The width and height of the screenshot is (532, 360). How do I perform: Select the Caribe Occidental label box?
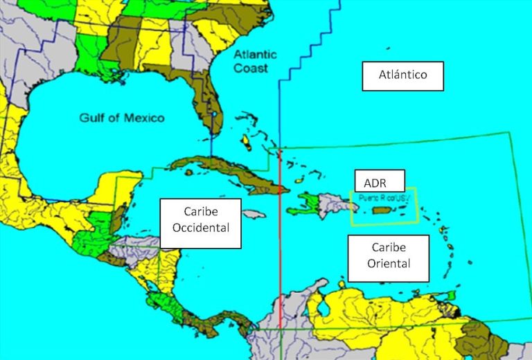click(x=201, y=223)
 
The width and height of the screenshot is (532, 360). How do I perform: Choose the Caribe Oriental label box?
click(x=388, y=258)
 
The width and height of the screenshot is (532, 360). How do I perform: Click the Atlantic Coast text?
click(x=255, y=62)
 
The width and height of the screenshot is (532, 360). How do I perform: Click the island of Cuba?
click(x=229, y=170)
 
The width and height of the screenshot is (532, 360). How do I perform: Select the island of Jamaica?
click(x=254, y=215)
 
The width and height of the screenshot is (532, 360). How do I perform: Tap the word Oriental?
click(x=388, y=264)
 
